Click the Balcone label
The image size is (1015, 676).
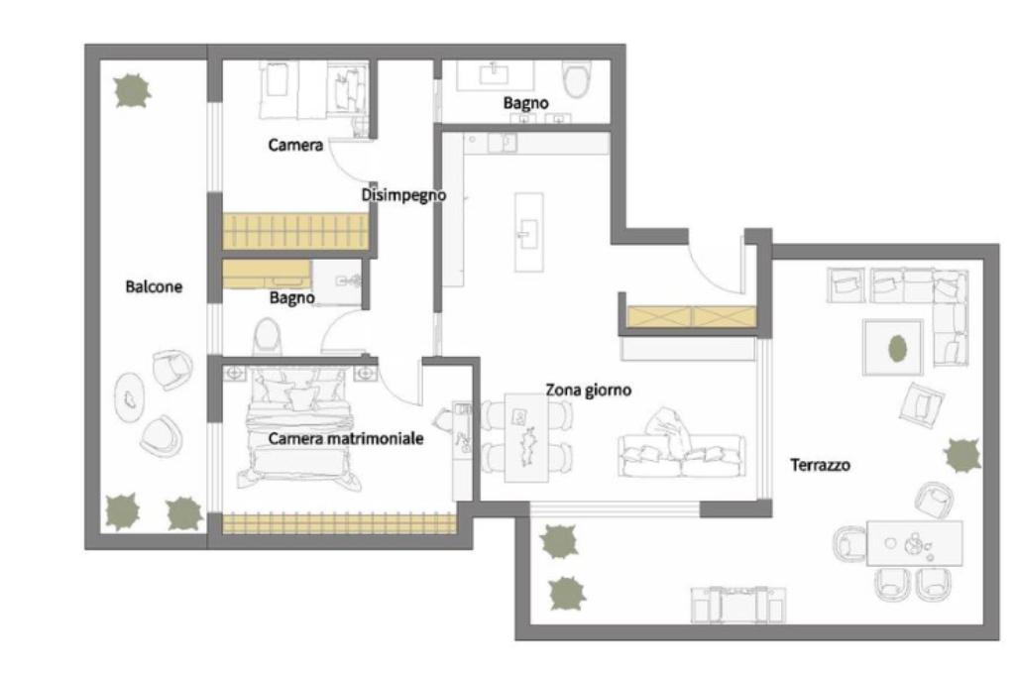(154, 286)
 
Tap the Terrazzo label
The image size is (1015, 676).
(820, 465)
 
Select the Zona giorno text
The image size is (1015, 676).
(589, 391)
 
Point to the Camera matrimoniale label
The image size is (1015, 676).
(346, 438)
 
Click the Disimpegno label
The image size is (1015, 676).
(403, 195)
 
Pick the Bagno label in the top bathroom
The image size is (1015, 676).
(525, 103)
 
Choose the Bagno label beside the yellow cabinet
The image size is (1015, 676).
(292, 297)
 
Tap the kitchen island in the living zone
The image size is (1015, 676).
(529, 232)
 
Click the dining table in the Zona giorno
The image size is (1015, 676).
(526, 438)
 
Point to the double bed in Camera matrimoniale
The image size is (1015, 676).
(299, 428)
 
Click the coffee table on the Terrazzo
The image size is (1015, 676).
(893, 347)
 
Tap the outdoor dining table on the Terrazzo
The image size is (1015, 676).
(914, 543)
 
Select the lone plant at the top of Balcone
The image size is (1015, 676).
(133, 91)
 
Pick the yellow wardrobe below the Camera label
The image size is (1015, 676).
(295, 231)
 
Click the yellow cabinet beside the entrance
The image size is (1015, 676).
(691, 317)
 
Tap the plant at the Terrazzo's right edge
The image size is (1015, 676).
(961, 455)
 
